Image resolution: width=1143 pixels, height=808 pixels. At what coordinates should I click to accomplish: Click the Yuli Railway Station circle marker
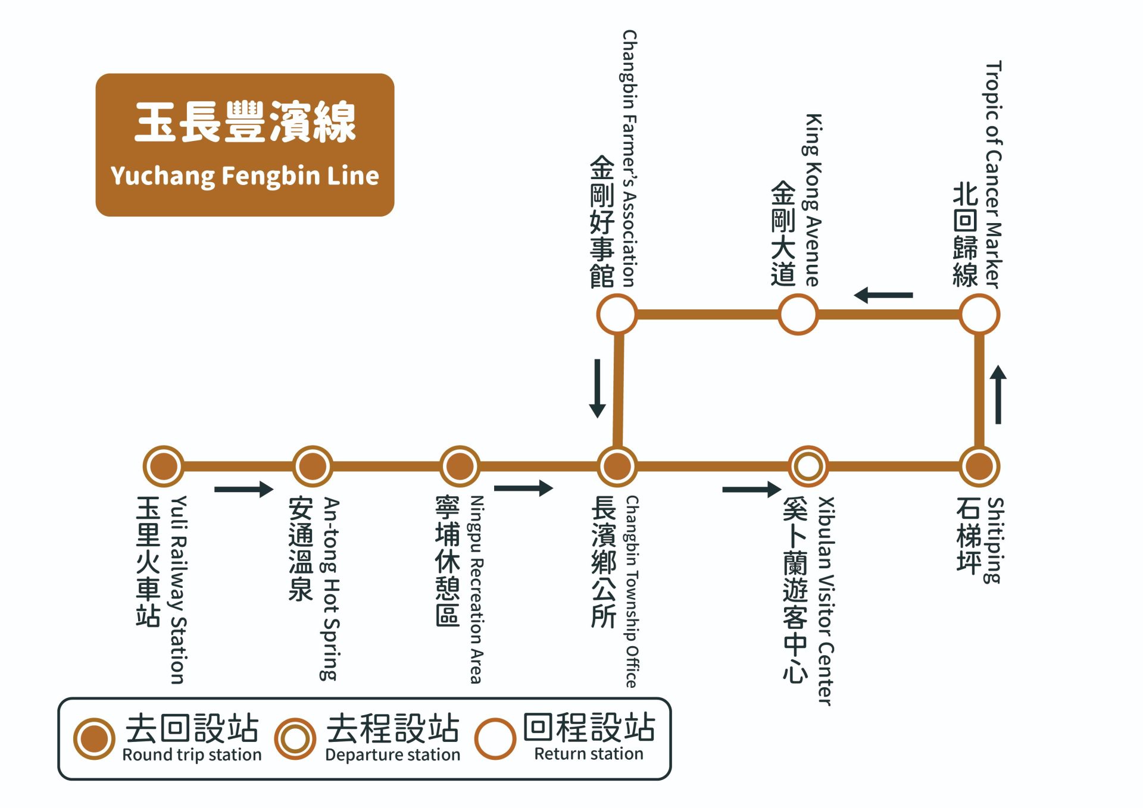[x=163, y=465]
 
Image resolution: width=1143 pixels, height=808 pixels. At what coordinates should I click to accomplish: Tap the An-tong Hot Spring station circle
[x=312, y=465]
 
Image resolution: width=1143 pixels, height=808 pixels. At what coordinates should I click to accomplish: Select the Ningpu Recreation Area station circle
[x=460, y=465]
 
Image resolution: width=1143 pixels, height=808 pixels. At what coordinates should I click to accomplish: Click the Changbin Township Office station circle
[x=617, y=465]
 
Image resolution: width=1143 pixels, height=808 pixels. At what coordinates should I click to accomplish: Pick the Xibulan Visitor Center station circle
[x=808, y=466]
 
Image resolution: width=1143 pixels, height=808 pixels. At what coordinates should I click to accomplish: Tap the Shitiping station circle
[x=979, y=465]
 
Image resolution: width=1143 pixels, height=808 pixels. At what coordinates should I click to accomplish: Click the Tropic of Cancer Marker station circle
[x=979, y=314]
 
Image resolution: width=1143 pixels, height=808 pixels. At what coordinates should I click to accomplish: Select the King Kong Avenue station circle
[x=798, y=314]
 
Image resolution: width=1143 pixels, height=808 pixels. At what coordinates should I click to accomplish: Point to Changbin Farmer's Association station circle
[x=617, y=314]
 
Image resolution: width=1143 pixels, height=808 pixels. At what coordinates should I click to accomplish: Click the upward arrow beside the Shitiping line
[x=998, y=394]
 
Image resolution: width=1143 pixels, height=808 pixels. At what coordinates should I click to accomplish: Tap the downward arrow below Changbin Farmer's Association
[x=597, y=388]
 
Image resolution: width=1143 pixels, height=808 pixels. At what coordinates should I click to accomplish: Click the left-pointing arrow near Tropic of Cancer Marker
[x=883, y=295]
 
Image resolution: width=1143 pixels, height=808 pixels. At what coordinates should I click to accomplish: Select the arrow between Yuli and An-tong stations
[x=243, y=489]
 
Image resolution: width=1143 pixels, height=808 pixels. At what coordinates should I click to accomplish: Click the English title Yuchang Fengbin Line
[x=245, y=176]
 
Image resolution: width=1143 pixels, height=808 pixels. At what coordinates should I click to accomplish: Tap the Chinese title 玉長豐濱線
[x=245, y=122]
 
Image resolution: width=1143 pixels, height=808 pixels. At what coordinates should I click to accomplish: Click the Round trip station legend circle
[x=94, y=738]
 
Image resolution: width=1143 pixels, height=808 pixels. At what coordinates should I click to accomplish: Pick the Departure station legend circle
[x=295, y=738]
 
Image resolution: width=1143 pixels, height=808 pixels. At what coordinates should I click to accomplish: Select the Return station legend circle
[x=495, y=738]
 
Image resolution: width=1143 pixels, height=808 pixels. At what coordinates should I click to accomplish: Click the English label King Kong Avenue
[x=813, y=200]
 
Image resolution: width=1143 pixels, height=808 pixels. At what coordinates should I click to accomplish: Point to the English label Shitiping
[x=995, y=540]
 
